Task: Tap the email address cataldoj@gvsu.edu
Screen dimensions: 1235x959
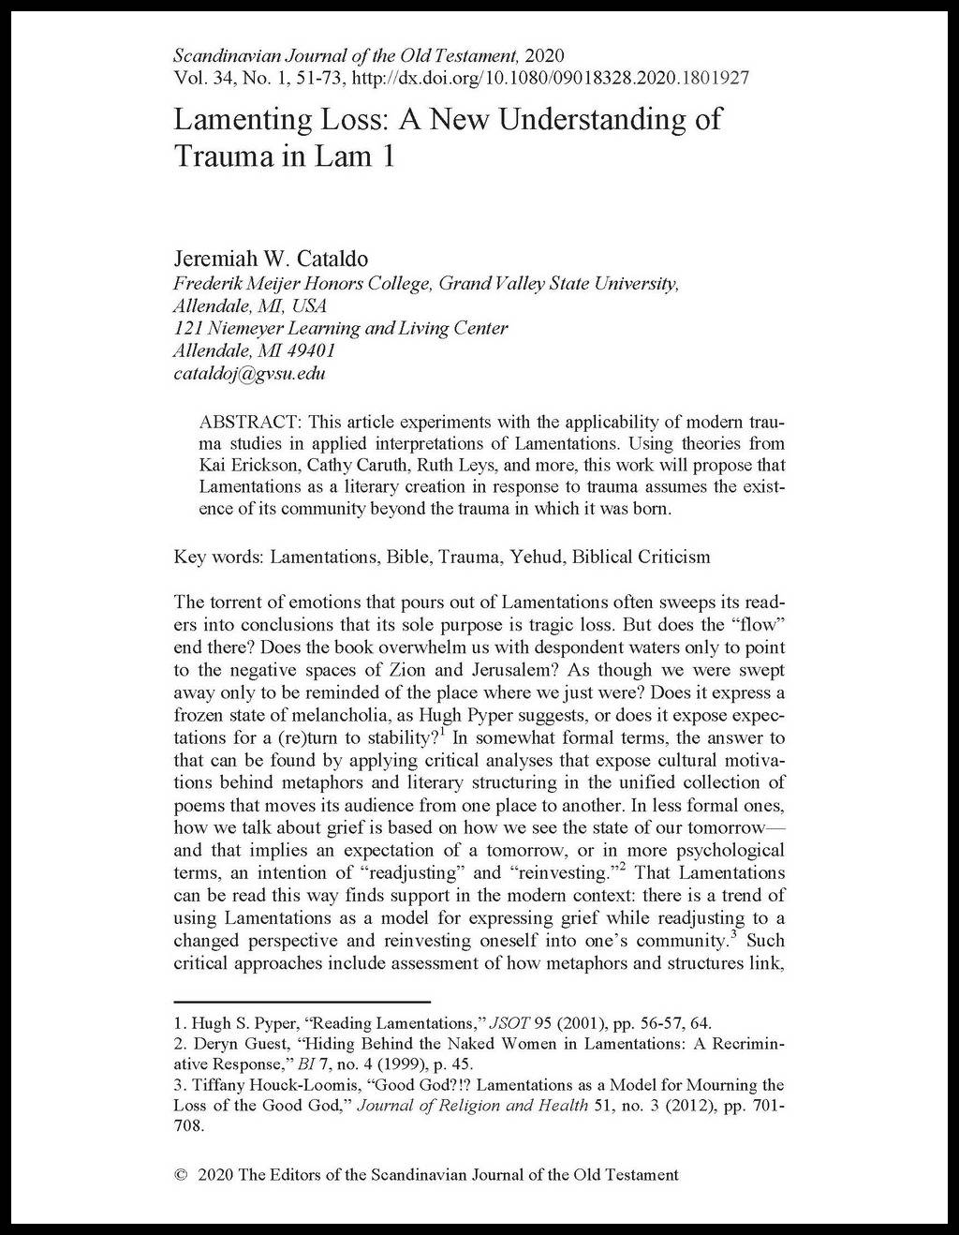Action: (x=250, y=374)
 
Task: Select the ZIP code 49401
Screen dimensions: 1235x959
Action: (x=310, y=351)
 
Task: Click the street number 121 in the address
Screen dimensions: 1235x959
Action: (x=187, y=328)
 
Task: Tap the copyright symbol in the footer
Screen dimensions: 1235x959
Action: (x=182, y=1174)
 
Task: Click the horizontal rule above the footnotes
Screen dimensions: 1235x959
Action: (x=302, y=1002)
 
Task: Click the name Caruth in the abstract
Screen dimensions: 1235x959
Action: (x=352, y=465)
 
